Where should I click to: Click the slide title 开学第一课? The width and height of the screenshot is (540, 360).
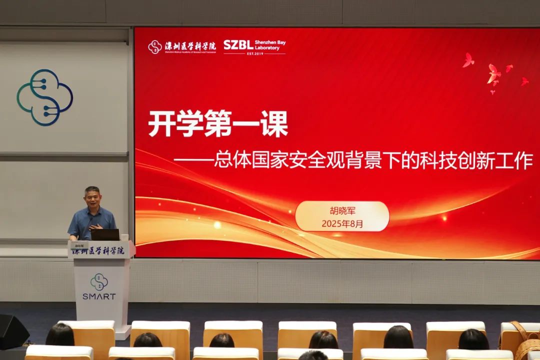pos(218,124)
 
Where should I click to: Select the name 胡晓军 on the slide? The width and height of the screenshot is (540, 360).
pos(342,211)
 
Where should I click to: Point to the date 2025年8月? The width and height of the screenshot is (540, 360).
pos(342,224)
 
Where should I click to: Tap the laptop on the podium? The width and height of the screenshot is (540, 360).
pos(105,234)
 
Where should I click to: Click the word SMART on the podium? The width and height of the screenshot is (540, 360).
pos(99,296)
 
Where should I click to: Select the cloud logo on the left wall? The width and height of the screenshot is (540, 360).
pos(44,97)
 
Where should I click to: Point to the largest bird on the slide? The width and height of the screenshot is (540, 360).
pos(493,74)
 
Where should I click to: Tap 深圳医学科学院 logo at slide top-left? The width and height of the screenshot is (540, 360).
pos(182,47)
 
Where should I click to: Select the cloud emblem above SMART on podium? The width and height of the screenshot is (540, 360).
pos(99,281)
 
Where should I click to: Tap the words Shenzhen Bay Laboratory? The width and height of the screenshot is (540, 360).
pos(270,45)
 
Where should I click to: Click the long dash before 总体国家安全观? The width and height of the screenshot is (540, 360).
pos(193,161)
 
